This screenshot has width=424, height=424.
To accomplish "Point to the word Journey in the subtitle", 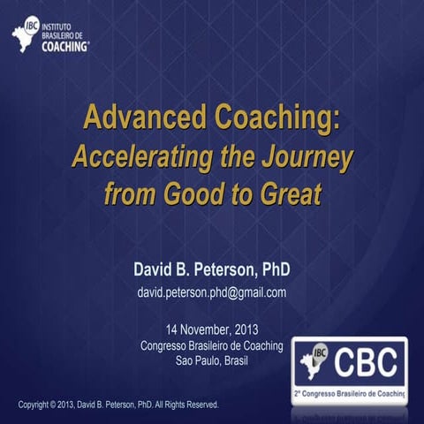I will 309,158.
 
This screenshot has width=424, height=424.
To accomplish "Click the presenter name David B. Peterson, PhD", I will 212,269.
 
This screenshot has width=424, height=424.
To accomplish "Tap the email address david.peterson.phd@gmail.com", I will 212,292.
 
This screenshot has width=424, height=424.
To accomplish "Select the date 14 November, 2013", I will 212,331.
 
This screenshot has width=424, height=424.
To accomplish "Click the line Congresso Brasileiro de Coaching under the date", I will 212,346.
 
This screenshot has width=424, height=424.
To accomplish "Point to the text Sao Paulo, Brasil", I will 212,361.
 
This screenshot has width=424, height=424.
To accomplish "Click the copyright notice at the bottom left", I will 118,405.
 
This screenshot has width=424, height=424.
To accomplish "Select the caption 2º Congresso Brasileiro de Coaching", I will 351,391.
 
